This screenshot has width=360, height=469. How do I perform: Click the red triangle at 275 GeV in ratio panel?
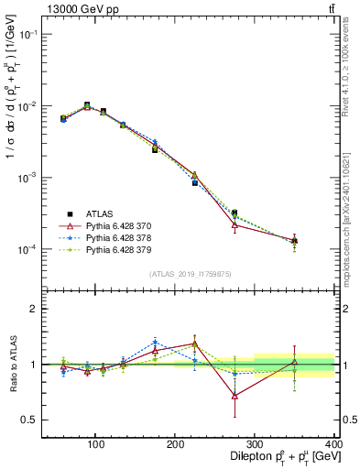pyautogui.click(x=235, y=396)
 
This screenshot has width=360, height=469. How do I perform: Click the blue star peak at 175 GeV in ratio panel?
pyautogui.click(x=156, y=342)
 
